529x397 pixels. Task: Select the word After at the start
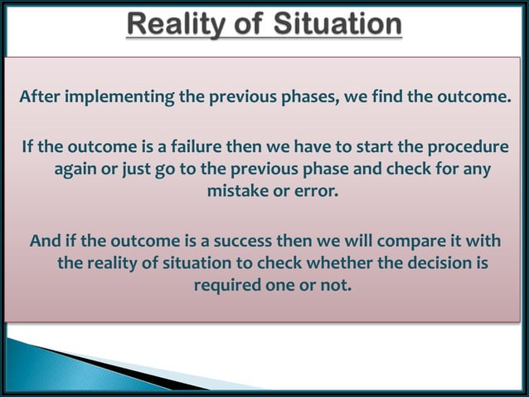tap(40, 100)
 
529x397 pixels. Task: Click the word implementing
tap(117, 100)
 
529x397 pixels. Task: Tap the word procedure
tap(465, 149)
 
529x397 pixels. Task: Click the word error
tap(318, 191)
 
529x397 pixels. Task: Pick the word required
tap(226, 285)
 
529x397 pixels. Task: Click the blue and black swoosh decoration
tap(108, 365)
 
